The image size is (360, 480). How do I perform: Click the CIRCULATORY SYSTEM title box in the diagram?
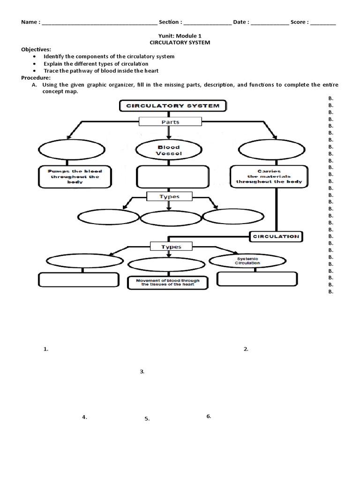172,105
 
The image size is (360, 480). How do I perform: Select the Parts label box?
170,122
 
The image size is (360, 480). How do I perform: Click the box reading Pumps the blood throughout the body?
74,177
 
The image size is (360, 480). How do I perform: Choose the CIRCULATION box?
276,237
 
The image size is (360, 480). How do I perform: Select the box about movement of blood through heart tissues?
168,283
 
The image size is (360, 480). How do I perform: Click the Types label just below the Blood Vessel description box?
169,196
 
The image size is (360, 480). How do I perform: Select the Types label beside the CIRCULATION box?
171,247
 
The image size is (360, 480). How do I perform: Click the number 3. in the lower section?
142,372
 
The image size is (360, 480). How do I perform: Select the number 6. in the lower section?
209,416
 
